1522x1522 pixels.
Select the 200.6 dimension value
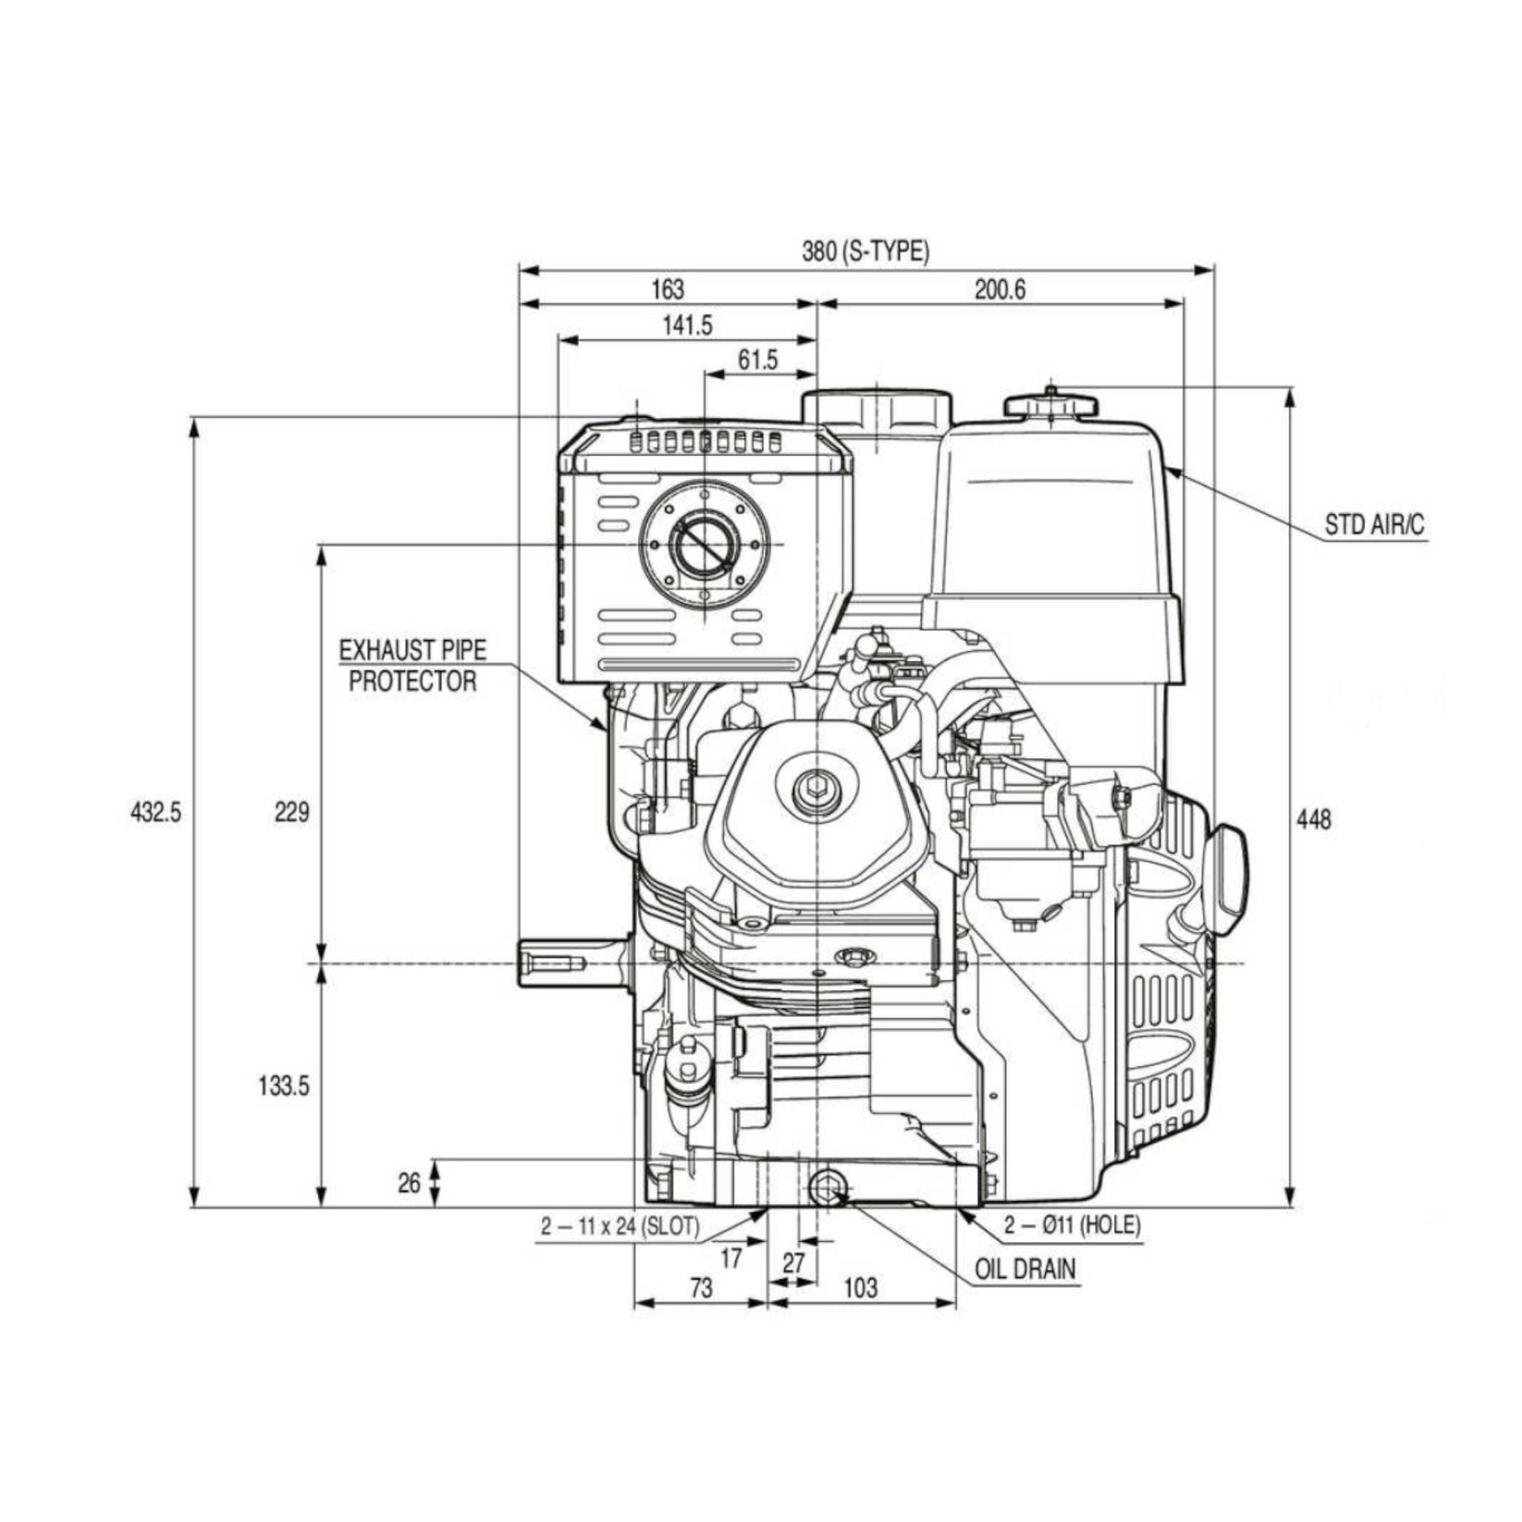(x=1000, y=289)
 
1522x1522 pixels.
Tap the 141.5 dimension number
(x=687, y=325)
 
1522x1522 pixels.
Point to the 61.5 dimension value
(x=758, y=361)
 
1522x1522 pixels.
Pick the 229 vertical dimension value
(x=291, y=813)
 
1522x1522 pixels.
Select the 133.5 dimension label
(x=283, y=1086)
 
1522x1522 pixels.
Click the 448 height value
(x=1313, y=819)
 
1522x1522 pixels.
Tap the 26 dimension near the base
(x=410, y=1183)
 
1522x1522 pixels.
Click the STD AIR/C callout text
(x=1374, y=526)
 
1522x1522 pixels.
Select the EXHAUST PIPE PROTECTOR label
(x=412, y=666)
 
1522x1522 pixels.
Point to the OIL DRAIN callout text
(x=1026, y=1269)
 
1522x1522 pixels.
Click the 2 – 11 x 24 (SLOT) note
(x=620, y=1227)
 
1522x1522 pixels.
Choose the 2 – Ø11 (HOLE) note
(x=1073, y=1225)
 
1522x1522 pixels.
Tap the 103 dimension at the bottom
(x=861, y=1287)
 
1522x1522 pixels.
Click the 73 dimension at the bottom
(x=702, y=1287)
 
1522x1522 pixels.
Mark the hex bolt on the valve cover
(x=816, y=789)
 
